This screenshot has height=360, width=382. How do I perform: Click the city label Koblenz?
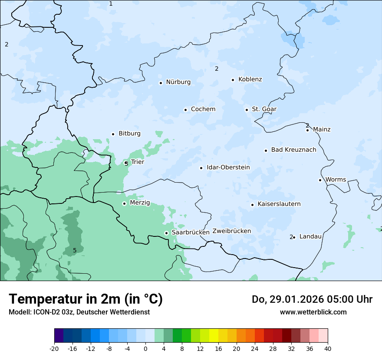tap(250, 79)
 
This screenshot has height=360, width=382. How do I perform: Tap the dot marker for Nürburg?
tap(161, 83)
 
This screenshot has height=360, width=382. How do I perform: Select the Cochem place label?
tap(203, 109)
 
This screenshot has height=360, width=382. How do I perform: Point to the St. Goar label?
tap(264, 109)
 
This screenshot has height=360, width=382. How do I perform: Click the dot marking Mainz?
tap(307, 130)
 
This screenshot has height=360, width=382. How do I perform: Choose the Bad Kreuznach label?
tap(293, 150)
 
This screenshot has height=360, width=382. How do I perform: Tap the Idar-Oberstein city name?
tap(228, 167)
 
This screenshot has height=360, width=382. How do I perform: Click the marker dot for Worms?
tap(320, 180)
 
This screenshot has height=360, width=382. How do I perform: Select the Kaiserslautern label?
tap(279, 204)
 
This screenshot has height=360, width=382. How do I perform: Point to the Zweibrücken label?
tap(231, 231)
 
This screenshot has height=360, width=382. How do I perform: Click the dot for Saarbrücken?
tap(166, 233)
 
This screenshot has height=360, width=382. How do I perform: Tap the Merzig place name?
tap(140, 203)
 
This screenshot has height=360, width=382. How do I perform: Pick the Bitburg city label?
tap(129, 134)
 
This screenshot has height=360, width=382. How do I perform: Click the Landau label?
tap(310, 236)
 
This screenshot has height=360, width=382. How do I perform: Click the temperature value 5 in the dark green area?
tap(75, 250)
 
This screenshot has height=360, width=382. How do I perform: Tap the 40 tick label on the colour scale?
tap(328, 349)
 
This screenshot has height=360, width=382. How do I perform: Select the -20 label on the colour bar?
tap(54, 349)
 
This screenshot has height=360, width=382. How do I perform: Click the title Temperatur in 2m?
tap(86, 299)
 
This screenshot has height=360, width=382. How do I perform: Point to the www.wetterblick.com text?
tap(313, 312)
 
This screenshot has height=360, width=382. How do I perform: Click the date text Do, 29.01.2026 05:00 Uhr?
tap(312, 299)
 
